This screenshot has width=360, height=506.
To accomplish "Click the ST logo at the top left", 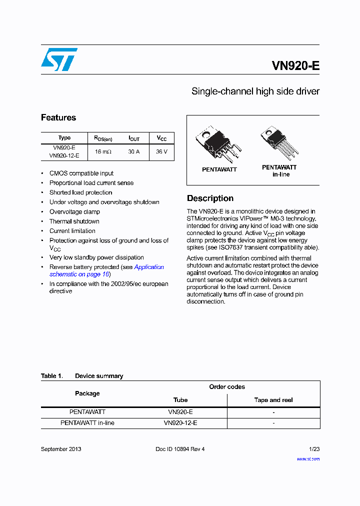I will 59,59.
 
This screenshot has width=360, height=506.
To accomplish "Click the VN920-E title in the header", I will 295,65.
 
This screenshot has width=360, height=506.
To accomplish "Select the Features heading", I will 58,117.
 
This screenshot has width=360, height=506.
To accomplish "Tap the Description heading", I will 210,198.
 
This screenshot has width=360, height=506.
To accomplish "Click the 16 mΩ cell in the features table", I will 103,151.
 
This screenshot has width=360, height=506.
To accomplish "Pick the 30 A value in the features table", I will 133,151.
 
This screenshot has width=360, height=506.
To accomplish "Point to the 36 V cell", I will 161,151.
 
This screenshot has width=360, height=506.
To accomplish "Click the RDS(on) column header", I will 103,138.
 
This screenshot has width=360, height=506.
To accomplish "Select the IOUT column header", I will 134,138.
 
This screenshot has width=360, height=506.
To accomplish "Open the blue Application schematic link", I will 148,267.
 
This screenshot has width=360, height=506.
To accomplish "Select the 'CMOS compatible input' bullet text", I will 81,173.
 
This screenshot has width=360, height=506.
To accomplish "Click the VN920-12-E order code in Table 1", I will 180,423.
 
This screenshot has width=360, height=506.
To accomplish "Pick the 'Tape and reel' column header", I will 273,400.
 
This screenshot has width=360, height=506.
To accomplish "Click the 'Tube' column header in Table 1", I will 180,400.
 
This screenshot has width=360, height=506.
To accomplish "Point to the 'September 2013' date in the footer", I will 61,449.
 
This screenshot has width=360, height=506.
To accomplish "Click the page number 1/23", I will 314,449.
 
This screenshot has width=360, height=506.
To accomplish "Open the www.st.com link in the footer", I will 308,458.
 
